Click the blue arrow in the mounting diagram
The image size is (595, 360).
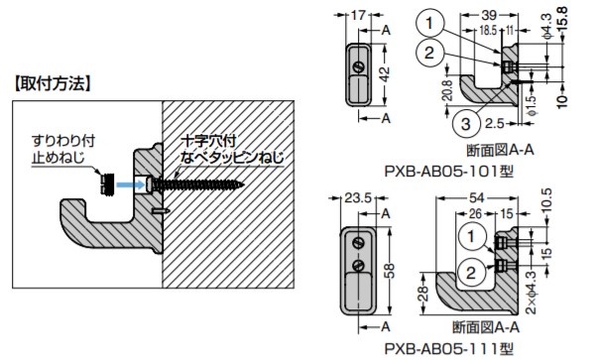(130, 184)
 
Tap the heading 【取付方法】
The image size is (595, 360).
(52, 83)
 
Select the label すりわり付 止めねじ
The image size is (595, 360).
(63, 149)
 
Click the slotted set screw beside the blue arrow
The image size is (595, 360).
(107, 183)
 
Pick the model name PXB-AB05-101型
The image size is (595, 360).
(449, 172)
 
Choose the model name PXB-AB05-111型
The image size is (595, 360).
(449, 348)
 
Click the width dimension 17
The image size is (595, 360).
(357, 15)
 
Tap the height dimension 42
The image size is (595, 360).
(385, 74)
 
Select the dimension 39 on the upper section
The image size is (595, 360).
(489, 15)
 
